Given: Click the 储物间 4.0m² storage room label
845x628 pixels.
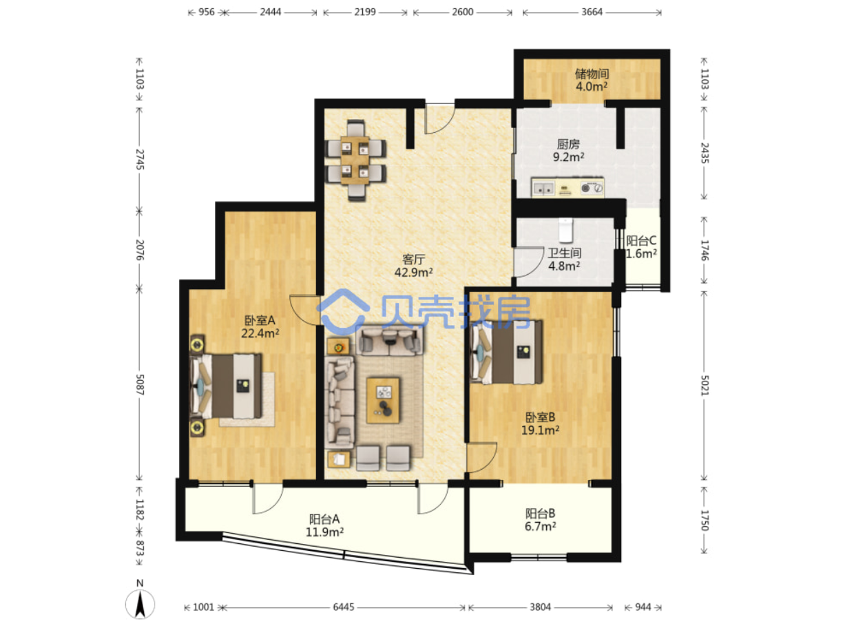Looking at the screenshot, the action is [x=591, y=80].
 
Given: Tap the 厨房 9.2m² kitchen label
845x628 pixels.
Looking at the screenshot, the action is [x=568, y=150].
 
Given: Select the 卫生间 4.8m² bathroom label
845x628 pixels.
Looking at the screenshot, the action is [x=564, y=259].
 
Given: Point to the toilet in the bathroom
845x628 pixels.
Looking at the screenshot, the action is [x=565, y=230].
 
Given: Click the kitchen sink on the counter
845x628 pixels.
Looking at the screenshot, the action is [x=543, y=188].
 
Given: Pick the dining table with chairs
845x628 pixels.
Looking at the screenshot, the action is [x=355, y=160].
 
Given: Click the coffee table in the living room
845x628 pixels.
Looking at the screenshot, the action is [x=383, y=401].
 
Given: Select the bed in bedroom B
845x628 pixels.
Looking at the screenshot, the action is [x=506, y=352].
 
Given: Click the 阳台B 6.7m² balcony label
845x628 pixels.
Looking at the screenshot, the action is [x=540, y=519].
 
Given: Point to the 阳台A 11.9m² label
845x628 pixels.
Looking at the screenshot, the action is [x=324, y=525].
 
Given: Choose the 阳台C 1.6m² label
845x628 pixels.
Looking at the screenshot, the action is [x=642, y=247].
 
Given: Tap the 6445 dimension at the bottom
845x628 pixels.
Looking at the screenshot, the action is [x=343, y=607].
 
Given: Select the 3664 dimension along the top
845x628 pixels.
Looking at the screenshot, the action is [x=592, y=12].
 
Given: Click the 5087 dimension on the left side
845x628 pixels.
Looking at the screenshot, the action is [x=140, y=385].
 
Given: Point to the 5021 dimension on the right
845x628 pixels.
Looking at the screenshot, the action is [x=704, y=386].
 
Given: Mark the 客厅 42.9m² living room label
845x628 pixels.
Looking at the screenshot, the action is [x=413, y=266].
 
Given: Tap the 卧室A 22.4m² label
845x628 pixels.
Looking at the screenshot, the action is [x=260, y=326].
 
